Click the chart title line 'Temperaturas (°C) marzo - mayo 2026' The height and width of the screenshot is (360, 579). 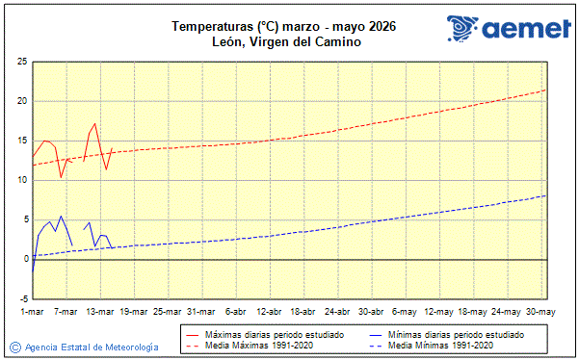[x=283, y=26]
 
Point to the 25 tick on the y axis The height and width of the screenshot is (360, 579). [x=20, y=62]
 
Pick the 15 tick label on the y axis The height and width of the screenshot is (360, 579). [x=20, y=141]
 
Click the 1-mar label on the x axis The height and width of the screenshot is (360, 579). [x=32, y=311]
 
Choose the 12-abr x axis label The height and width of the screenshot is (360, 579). [x=270, y=311]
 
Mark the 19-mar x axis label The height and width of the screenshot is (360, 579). [x=134, y=311]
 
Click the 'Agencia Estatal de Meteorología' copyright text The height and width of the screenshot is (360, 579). [x=92, y=347]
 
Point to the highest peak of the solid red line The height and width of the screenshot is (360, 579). [x=94, y=123]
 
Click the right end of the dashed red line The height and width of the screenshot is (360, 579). [x=546, y=90]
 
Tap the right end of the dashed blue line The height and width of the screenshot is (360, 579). [x=546, y=195]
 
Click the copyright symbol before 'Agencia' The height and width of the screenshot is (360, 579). [x=14, y=347]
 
